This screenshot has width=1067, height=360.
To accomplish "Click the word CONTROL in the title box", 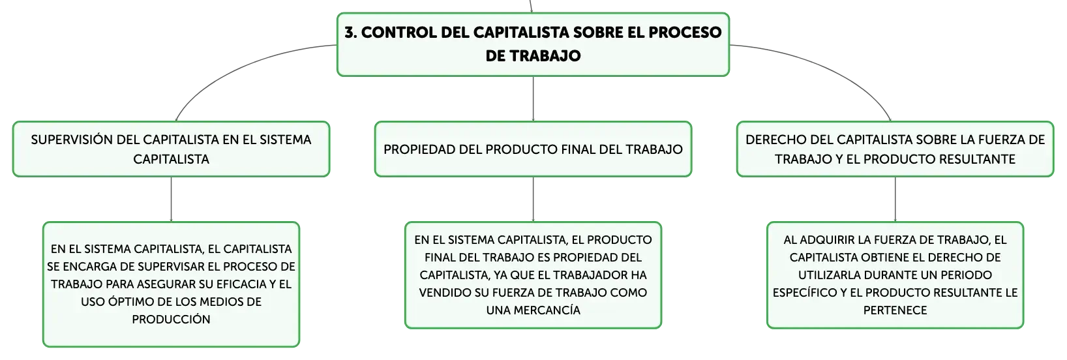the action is [x=398, y=33].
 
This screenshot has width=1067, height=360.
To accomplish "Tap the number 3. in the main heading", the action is [x=351, y=33].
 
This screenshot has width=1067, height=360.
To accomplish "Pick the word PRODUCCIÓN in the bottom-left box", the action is [x=171, y=320].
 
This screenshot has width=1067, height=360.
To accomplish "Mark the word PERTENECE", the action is [x=895, y=310].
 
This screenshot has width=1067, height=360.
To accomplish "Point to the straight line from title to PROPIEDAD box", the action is [x=533, y=98].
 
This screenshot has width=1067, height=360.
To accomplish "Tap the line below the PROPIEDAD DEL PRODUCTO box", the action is [x=533, y=199].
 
